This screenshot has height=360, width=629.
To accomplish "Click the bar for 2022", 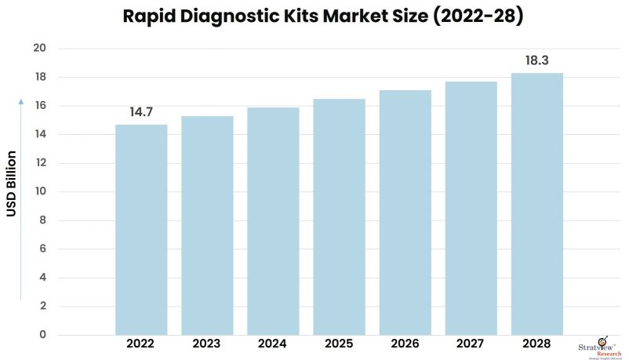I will (141, 230).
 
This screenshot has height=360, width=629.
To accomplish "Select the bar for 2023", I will (207, 226).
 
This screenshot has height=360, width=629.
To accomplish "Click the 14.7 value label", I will (141, 113).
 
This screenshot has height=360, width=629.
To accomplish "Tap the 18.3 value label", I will (536, 60).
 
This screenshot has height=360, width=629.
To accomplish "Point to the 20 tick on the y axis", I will (40, 49).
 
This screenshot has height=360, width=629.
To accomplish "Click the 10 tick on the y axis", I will (40, 192).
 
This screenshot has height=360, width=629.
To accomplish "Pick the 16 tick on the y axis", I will (40, 106).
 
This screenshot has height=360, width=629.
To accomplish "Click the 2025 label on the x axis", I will (339, 344).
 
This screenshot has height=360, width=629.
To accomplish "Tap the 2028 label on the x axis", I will (536, 344).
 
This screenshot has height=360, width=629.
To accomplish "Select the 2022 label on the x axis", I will (141, 344).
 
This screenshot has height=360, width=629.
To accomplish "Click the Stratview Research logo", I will (602, 346).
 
